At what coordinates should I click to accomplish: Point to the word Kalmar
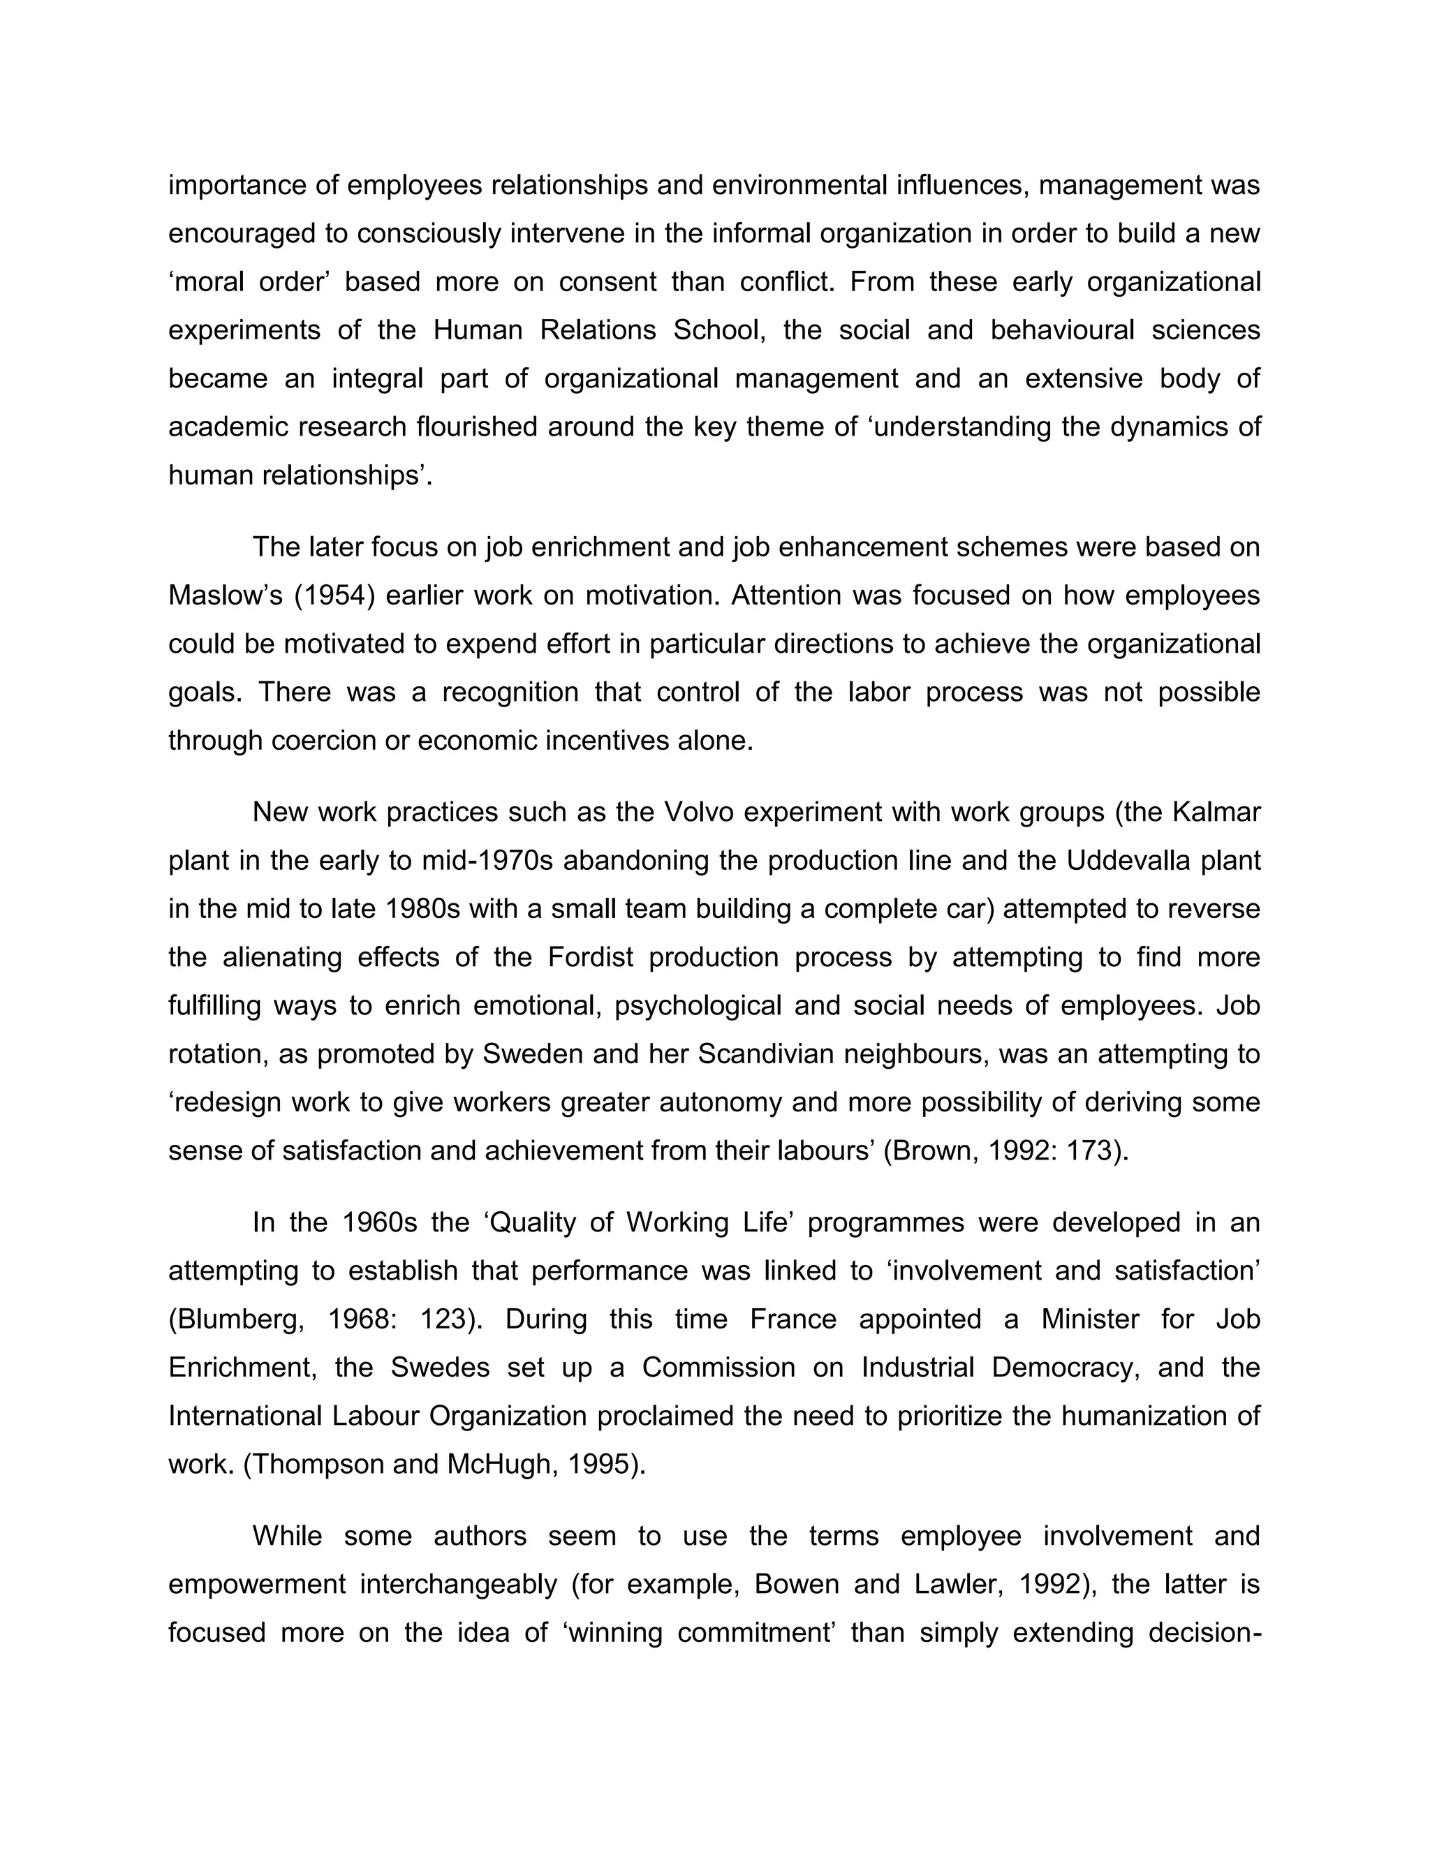click(1216, 813)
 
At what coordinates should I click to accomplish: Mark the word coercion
click(323, 740)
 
